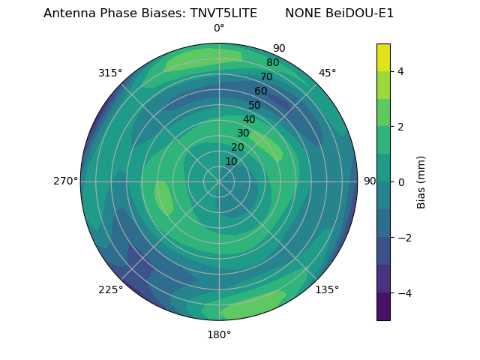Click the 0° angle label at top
click(x=219, y=28)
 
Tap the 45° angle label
click(x=327, y=73)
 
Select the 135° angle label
click(x=327, y=289)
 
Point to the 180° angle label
click(x=219, y=334)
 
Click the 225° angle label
click(x=110, y=289)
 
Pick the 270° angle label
click(x=65, y=181)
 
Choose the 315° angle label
click(x=110, y=73)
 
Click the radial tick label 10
click(x=231, y=162)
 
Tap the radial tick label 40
click(x=249, y=119)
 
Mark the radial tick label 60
click(x=261, y=91)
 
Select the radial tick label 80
click(x=273, y=62)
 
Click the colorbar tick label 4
click(x=400, y=71)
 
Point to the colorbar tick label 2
click(x=400, y=127)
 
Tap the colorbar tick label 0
click(x=400, y=181)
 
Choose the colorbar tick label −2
click(x=403, y=237)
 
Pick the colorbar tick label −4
click(x=403, y=292)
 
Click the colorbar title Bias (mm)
click(x=421, y=181)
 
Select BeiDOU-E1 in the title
click(x=357, y=13)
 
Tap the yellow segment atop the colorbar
click(x=383, y=57)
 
